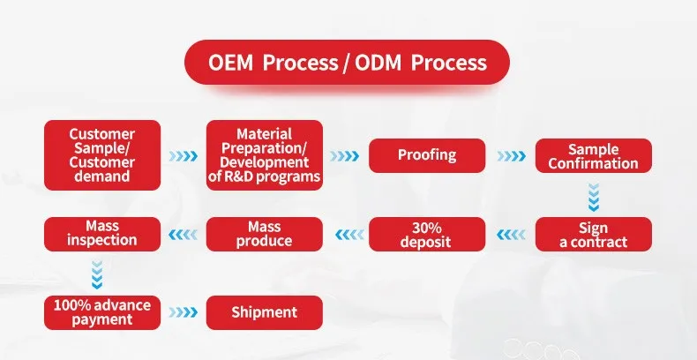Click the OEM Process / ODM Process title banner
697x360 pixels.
(348, 63)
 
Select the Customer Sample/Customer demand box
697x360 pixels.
(102, 155)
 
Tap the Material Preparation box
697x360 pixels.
(265, 155)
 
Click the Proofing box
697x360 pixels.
(426, 155)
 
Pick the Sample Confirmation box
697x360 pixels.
(593, 156)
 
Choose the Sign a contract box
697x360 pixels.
(593, 234)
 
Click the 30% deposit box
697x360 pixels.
(426, 234)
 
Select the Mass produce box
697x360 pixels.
(265, 234)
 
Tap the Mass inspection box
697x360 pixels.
(102, 234)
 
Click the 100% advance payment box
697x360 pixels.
(102, 311)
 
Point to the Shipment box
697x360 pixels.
(265, 311)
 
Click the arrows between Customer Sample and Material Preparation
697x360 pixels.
(184, 156)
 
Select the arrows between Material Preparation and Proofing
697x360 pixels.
(345, 156)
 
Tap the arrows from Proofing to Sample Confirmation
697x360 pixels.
(511, 156)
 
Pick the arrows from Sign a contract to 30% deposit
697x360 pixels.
(511, 235)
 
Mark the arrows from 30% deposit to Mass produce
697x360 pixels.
(345, 235)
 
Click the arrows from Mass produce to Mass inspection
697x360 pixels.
(184, 235)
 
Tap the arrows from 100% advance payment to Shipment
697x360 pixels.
(184, 312)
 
